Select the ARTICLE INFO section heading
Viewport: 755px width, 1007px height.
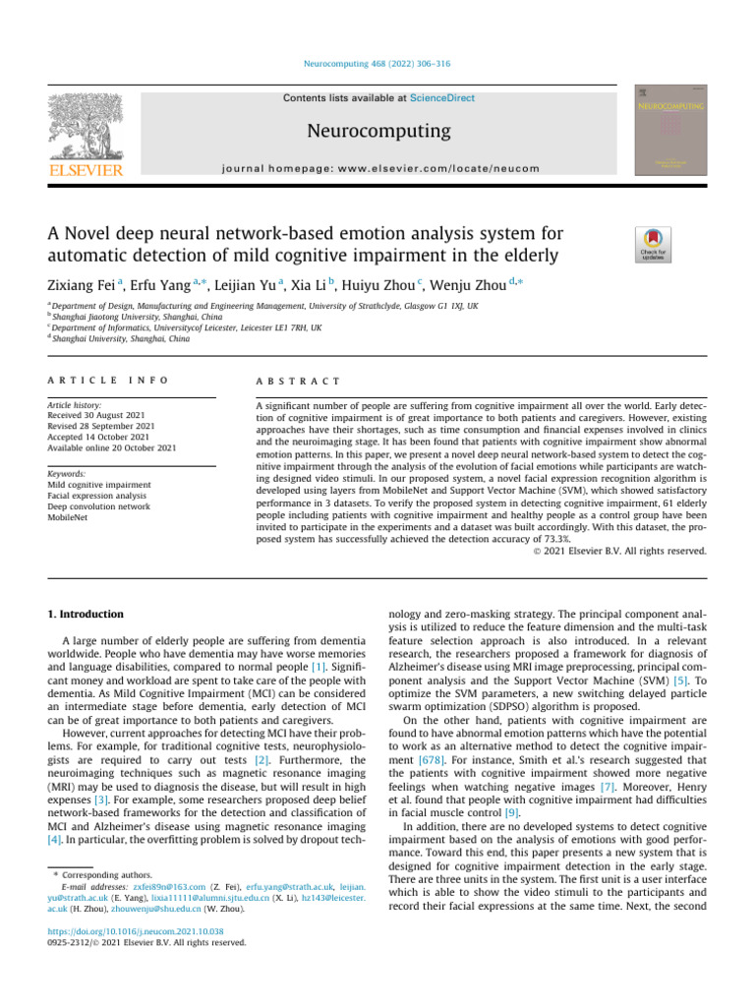click(x=107, y=380)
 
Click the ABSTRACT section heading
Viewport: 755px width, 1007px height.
click(x=297, y=380)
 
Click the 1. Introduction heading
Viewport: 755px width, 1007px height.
click(x=87, y=615)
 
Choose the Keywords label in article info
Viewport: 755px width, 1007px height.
click(x=70, y=473)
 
